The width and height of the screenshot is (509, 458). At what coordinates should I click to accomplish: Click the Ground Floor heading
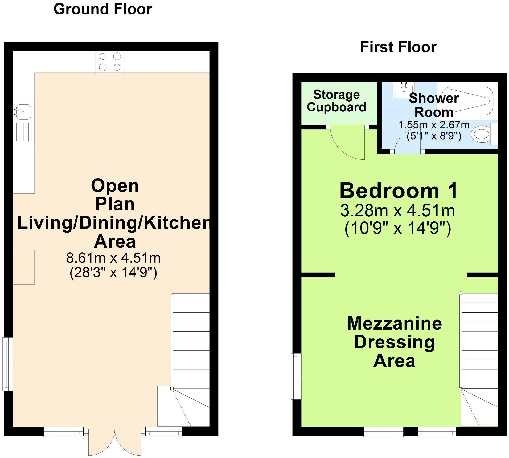[103, 9]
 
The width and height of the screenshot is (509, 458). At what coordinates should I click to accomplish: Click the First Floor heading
[398, 47]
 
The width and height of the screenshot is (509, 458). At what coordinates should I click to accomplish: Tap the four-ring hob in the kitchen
[110, 62]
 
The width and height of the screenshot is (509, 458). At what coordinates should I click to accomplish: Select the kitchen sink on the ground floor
[24, 123]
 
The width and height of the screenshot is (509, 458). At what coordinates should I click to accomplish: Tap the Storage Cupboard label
[336, 101]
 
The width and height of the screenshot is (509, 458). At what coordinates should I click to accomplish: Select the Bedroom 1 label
[399, 191]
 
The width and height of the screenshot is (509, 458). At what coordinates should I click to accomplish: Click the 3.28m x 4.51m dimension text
[398, 210]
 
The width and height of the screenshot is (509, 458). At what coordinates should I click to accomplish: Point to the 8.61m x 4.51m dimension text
[113, 258]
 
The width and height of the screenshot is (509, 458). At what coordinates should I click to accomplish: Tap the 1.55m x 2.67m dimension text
[434, 125]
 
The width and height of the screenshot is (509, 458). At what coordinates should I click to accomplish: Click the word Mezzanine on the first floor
[395, 323]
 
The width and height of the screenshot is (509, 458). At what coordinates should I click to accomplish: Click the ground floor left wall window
[7, 364]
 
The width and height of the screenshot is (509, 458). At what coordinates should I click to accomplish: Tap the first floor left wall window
[296, 376]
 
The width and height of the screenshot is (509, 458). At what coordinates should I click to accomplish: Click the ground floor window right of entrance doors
[163, 432]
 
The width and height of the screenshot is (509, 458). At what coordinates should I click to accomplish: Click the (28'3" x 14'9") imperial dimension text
[113, 272]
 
